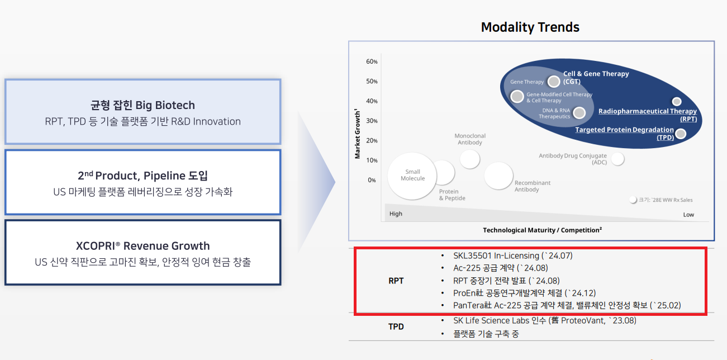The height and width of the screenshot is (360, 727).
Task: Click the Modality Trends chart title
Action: [530, 27]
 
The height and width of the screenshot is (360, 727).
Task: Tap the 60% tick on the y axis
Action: [372, 61]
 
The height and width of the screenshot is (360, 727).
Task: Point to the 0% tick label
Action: [372, 180]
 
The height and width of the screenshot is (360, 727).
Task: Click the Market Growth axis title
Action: [357, 134]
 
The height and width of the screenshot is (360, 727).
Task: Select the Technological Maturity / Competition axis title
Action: [543, 230]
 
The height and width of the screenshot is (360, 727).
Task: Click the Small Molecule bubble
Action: [412, 176]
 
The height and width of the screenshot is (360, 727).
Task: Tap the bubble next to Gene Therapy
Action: [554, 82]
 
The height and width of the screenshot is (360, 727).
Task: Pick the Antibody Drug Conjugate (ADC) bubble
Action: [617, 159]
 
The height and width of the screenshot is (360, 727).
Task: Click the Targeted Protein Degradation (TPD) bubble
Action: [681, 134]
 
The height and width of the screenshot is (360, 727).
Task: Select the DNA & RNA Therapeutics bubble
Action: [579, 113]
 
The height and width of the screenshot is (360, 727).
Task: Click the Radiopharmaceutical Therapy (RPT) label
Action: [648, 115]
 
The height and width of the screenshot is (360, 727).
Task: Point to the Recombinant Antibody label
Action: [533, 186]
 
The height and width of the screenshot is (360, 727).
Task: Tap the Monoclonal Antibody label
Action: [470, 139]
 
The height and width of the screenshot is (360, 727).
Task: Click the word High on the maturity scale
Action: [396, 214]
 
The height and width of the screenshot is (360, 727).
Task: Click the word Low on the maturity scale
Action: [688, 215]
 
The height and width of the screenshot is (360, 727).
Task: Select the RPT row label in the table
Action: [396, 281]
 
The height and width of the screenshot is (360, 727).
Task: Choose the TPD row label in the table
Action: [396, 326]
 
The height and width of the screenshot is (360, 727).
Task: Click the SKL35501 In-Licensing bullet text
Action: [513, 256]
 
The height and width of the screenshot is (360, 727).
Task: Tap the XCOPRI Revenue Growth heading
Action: [143, 246]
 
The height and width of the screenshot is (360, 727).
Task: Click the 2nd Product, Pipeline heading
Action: [143, 176]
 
